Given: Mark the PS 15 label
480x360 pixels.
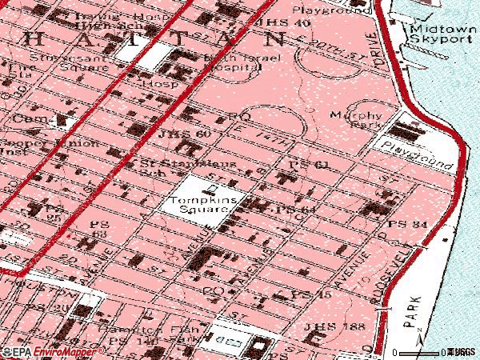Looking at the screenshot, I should (311, 295).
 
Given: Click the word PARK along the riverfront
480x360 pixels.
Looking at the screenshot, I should (414, 315).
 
